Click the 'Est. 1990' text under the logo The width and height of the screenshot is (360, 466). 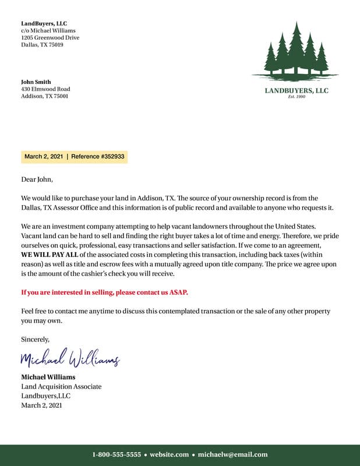tap(297, 97)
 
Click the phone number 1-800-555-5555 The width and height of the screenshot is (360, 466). tap(117, 454)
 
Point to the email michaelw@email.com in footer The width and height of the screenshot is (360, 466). tap(233, 454)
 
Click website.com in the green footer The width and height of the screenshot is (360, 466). tap(170, 454)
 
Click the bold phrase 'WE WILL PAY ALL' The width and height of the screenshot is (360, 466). tap(50, 255)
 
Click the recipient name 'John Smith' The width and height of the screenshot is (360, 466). tap(36, 82)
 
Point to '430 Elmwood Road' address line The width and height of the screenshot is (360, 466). tap(45, 89)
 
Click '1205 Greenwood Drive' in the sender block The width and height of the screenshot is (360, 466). tap(50, 37)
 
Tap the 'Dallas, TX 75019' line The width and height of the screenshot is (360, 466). tap(43, 44)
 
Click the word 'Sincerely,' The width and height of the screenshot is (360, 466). tap(36, 339)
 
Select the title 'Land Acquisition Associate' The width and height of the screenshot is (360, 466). tap(61, 386)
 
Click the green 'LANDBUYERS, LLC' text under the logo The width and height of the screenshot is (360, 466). tap(297, 90)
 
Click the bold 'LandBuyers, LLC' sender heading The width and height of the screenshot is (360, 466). tap(44, 23)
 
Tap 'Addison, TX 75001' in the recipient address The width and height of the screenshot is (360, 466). tap(45, 96)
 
